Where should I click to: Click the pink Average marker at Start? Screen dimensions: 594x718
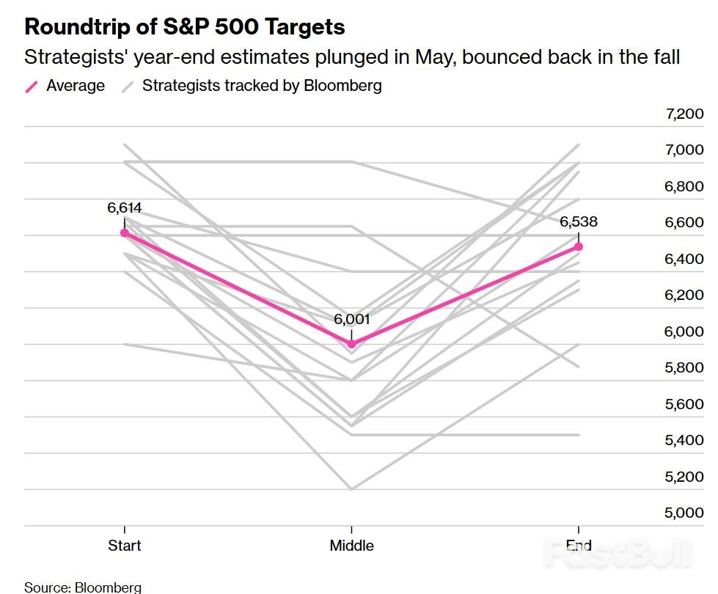click(125, 232)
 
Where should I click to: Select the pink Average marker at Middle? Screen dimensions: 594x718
click(351, 343)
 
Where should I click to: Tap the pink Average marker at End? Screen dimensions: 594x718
click(579, 246)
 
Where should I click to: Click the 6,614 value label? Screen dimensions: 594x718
click(124, 208)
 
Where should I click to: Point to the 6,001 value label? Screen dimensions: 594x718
click(352, 319)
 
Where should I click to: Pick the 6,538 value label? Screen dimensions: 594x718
click(579, 221)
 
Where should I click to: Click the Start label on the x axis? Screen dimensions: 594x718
click(124, 545)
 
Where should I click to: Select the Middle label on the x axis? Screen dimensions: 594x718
click(351, 545)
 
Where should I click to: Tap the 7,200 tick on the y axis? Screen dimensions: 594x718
click(684, 114)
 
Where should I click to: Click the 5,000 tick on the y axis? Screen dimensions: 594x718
click(684, 513)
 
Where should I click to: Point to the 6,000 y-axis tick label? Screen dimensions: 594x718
click(684, 331)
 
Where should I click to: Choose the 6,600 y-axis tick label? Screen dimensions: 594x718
click(684, 223)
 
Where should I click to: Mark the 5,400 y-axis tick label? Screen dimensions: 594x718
click(684, 440)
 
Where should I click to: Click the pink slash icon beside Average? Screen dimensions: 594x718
click(32, 87)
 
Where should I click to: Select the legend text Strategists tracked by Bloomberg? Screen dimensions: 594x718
click(262, 86)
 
